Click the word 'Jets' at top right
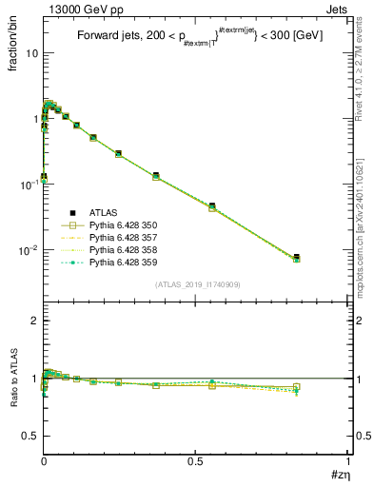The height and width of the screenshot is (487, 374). tap(337, 9)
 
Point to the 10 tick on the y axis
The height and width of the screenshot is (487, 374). tap(31, 53)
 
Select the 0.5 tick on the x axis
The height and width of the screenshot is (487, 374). tap(195, 460)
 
